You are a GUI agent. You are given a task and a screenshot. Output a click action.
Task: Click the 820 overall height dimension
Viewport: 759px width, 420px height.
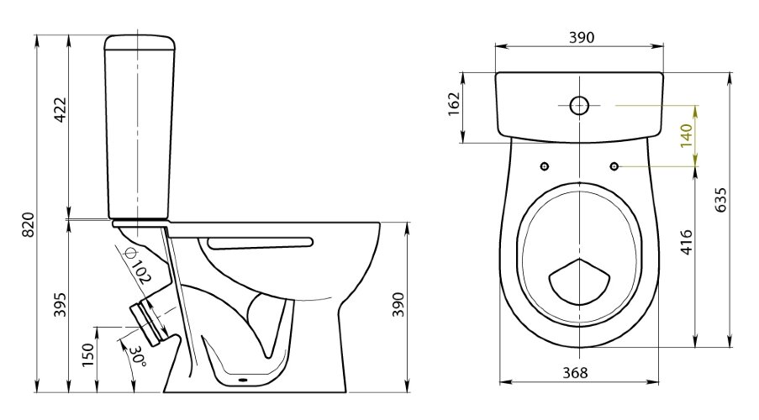pos(29,224)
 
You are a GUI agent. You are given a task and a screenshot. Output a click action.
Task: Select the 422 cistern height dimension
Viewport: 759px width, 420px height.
pos(60,110)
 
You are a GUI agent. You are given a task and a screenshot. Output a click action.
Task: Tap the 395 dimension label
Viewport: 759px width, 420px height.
pos(60,305)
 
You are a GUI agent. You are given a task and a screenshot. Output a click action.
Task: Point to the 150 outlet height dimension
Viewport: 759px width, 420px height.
pos(87,354)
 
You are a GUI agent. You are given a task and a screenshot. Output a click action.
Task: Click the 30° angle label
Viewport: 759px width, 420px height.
pos(138,357)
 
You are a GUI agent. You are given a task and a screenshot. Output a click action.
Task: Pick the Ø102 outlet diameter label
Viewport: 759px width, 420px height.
pos(139,265)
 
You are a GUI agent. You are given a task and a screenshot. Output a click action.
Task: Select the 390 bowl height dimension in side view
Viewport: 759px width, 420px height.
pos(398,305)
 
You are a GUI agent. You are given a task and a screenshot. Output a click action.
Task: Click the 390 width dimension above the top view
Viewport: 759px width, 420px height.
pos(582,37)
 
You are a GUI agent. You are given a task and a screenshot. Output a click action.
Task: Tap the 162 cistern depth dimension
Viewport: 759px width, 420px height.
pos(454,103)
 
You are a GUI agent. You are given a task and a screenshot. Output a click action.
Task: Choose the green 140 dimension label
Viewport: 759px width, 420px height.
pos(687,136)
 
